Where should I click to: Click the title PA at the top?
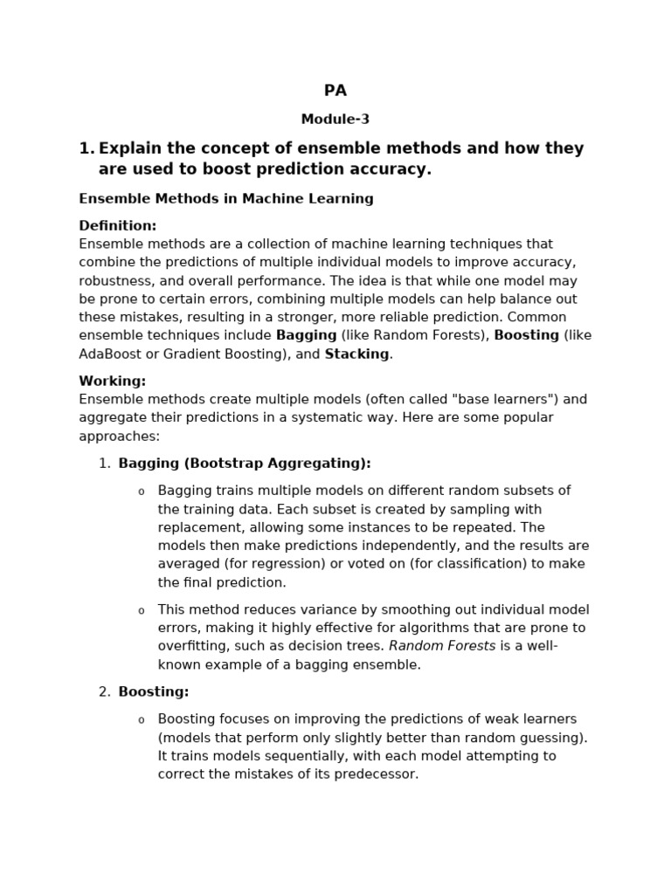tap(335, 91)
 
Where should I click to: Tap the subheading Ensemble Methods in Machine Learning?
tap(226, 199)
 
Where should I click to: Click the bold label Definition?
tap(118, 226)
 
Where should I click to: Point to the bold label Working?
tap(113, 382)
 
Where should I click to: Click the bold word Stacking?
tap(356, 354)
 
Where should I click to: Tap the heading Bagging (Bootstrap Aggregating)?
tap(245, 464)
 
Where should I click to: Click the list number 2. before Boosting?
tap(104, 692)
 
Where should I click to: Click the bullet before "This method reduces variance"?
tap(142, 611)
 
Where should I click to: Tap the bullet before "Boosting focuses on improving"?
tap(142, 720)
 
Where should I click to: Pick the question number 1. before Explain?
tap(86, 149)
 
